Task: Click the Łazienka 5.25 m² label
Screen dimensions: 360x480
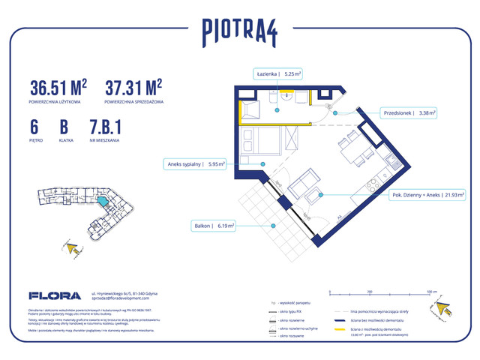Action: click(278, 74)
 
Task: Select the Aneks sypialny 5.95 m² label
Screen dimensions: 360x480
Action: click(193, 163)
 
